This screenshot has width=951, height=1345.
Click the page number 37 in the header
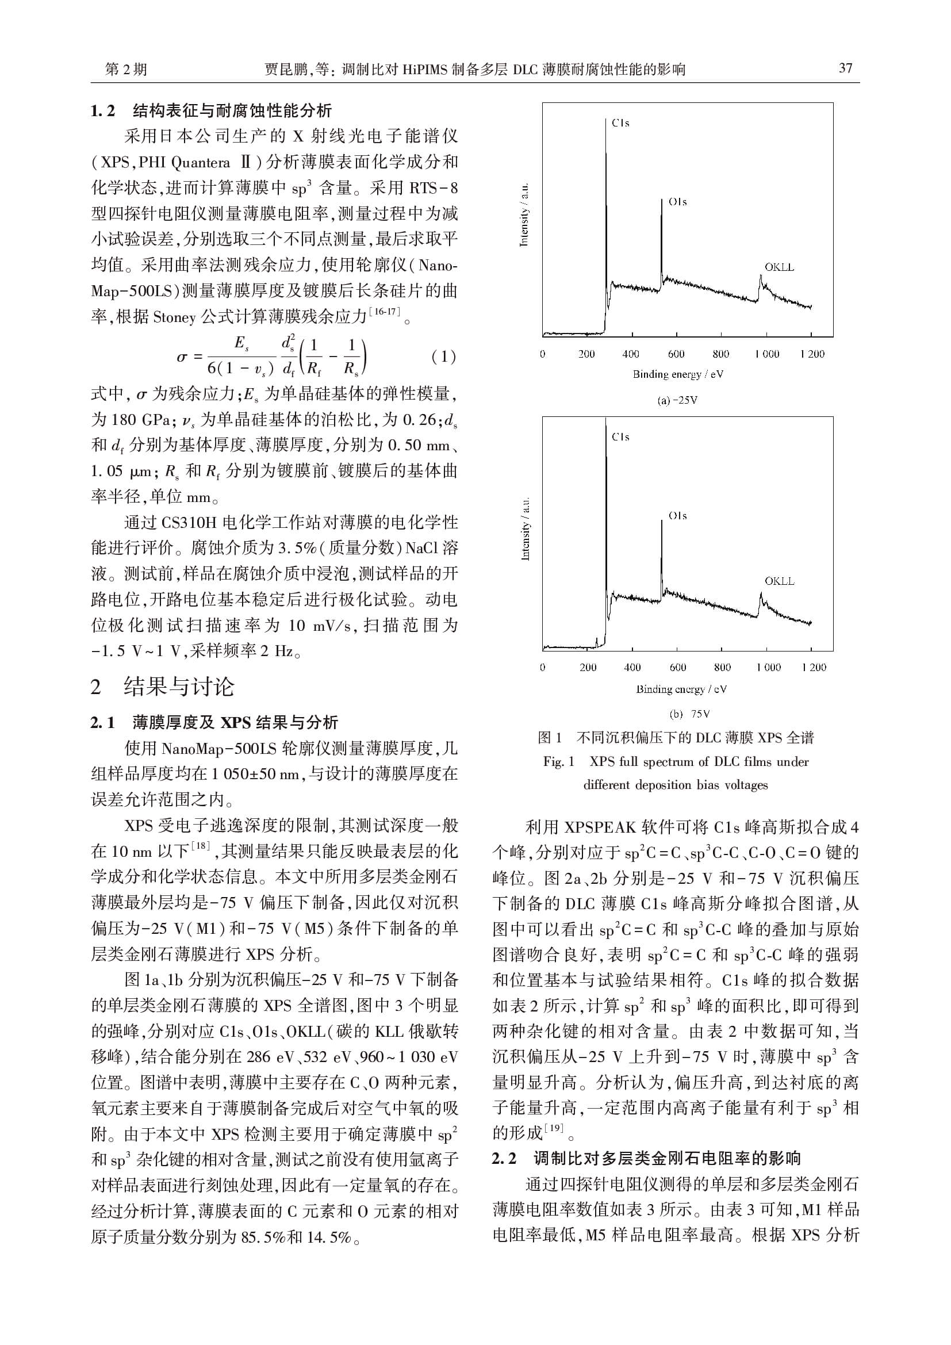845,68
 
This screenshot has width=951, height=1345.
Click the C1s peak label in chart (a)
621,123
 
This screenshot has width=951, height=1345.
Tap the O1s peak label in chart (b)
677,515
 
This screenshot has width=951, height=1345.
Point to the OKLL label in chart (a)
780,267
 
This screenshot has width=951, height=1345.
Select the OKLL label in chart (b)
780,581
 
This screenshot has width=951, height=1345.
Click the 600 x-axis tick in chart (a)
676,354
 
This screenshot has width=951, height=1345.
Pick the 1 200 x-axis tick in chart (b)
814,667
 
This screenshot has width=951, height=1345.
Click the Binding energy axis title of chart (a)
677,374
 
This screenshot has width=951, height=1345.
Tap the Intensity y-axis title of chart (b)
526,529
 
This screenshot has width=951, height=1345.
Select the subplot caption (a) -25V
677,401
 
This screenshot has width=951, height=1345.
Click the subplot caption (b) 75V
689,714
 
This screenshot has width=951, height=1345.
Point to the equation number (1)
443,356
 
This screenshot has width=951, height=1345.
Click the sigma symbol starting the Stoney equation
182,357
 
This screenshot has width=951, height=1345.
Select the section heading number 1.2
102,110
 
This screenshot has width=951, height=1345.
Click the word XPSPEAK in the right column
599,827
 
